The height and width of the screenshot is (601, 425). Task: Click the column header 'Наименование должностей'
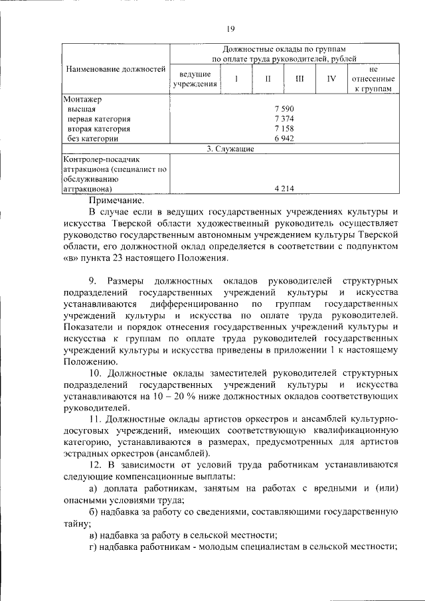[x=115, y=69]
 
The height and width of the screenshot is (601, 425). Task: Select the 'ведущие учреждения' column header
[x=195, y=78]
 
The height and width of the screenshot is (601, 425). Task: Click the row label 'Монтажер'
[x=82, y=98]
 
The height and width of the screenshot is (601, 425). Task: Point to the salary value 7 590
[x=284, y=108]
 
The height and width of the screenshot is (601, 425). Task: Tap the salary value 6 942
[x=284, y=139]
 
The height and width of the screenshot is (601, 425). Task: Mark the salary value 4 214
[x=284, y=189]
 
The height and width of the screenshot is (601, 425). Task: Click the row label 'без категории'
[x=93, y=139]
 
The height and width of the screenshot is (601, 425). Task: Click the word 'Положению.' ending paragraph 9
[x=90, y=362]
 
